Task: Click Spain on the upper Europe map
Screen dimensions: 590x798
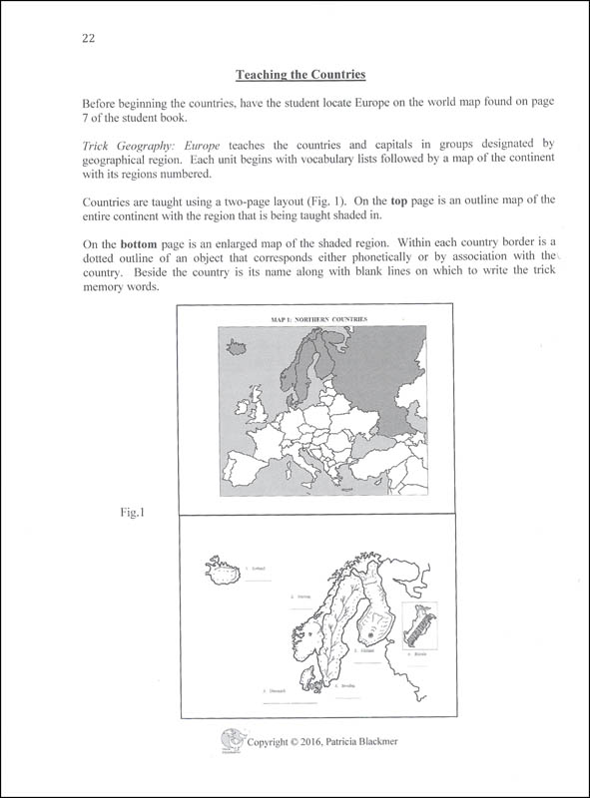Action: click(x=250, y=468)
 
